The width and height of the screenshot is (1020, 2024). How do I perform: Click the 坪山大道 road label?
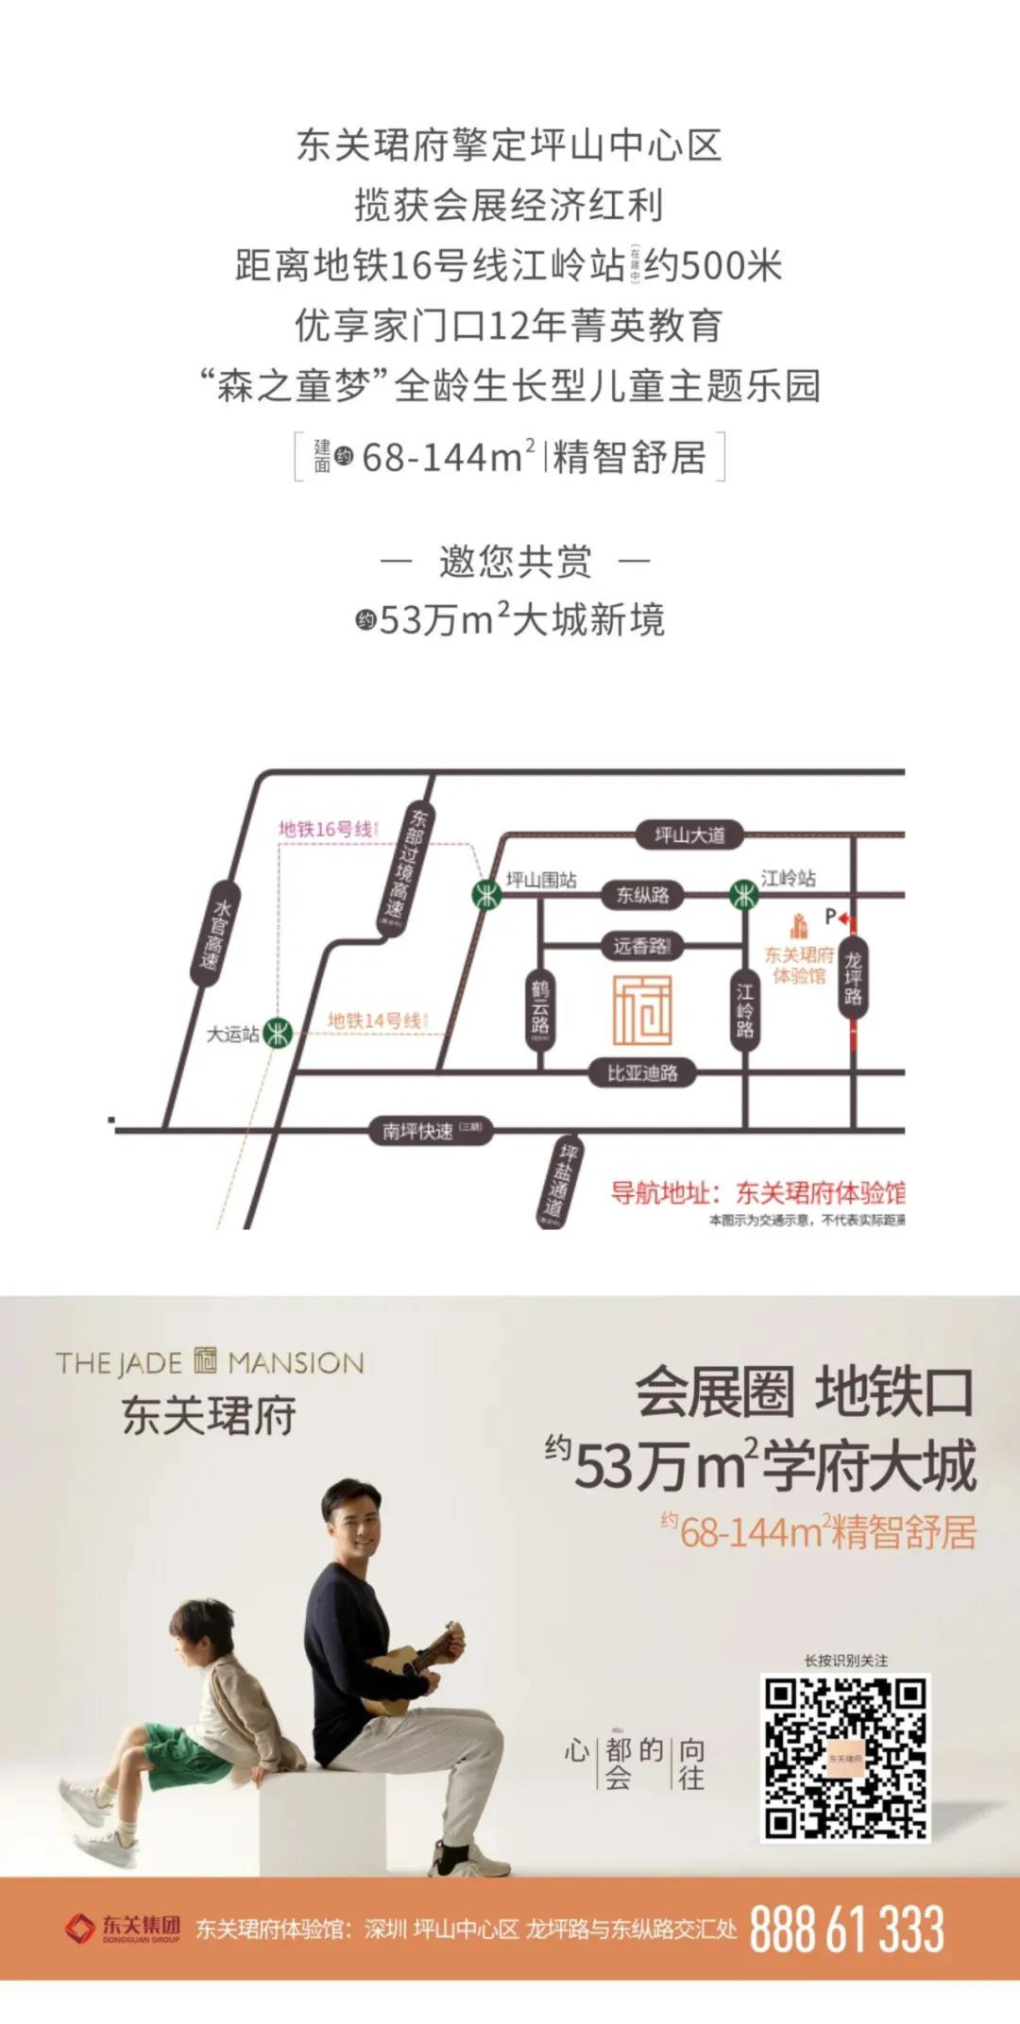[x=690, y=835]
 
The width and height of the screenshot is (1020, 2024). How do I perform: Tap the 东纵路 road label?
[x=642, y=895]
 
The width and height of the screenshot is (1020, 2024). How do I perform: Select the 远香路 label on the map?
[x=641, y=946]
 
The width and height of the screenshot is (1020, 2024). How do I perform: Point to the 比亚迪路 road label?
[x=642, y=1073]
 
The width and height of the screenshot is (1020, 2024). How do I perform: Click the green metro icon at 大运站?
[x=278, y=1033]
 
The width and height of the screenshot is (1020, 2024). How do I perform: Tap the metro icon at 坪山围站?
[x=486, y=893]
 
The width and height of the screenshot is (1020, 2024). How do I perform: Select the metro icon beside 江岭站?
[x=744, y=894]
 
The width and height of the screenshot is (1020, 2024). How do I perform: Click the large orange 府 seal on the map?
[x=642, y=1010]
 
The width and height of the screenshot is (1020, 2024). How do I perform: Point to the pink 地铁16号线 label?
[x=327, y=830]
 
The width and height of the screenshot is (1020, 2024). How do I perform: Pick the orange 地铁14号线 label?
[x=377, y=1020]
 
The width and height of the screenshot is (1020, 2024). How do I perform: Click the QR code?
[x=845, y=1759]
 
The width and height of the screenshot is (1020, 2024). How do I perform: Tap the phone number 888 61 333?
[x=846, y=1929]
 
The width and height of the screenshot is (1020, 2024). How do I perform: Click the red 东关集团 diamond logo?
[x=80, y=1928]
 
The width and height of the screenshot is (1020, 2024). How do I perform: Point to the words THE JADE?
[x=119, y=1363]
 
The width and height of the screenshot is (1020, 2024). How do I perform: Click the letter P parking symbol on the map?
[x=830, y=916]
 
